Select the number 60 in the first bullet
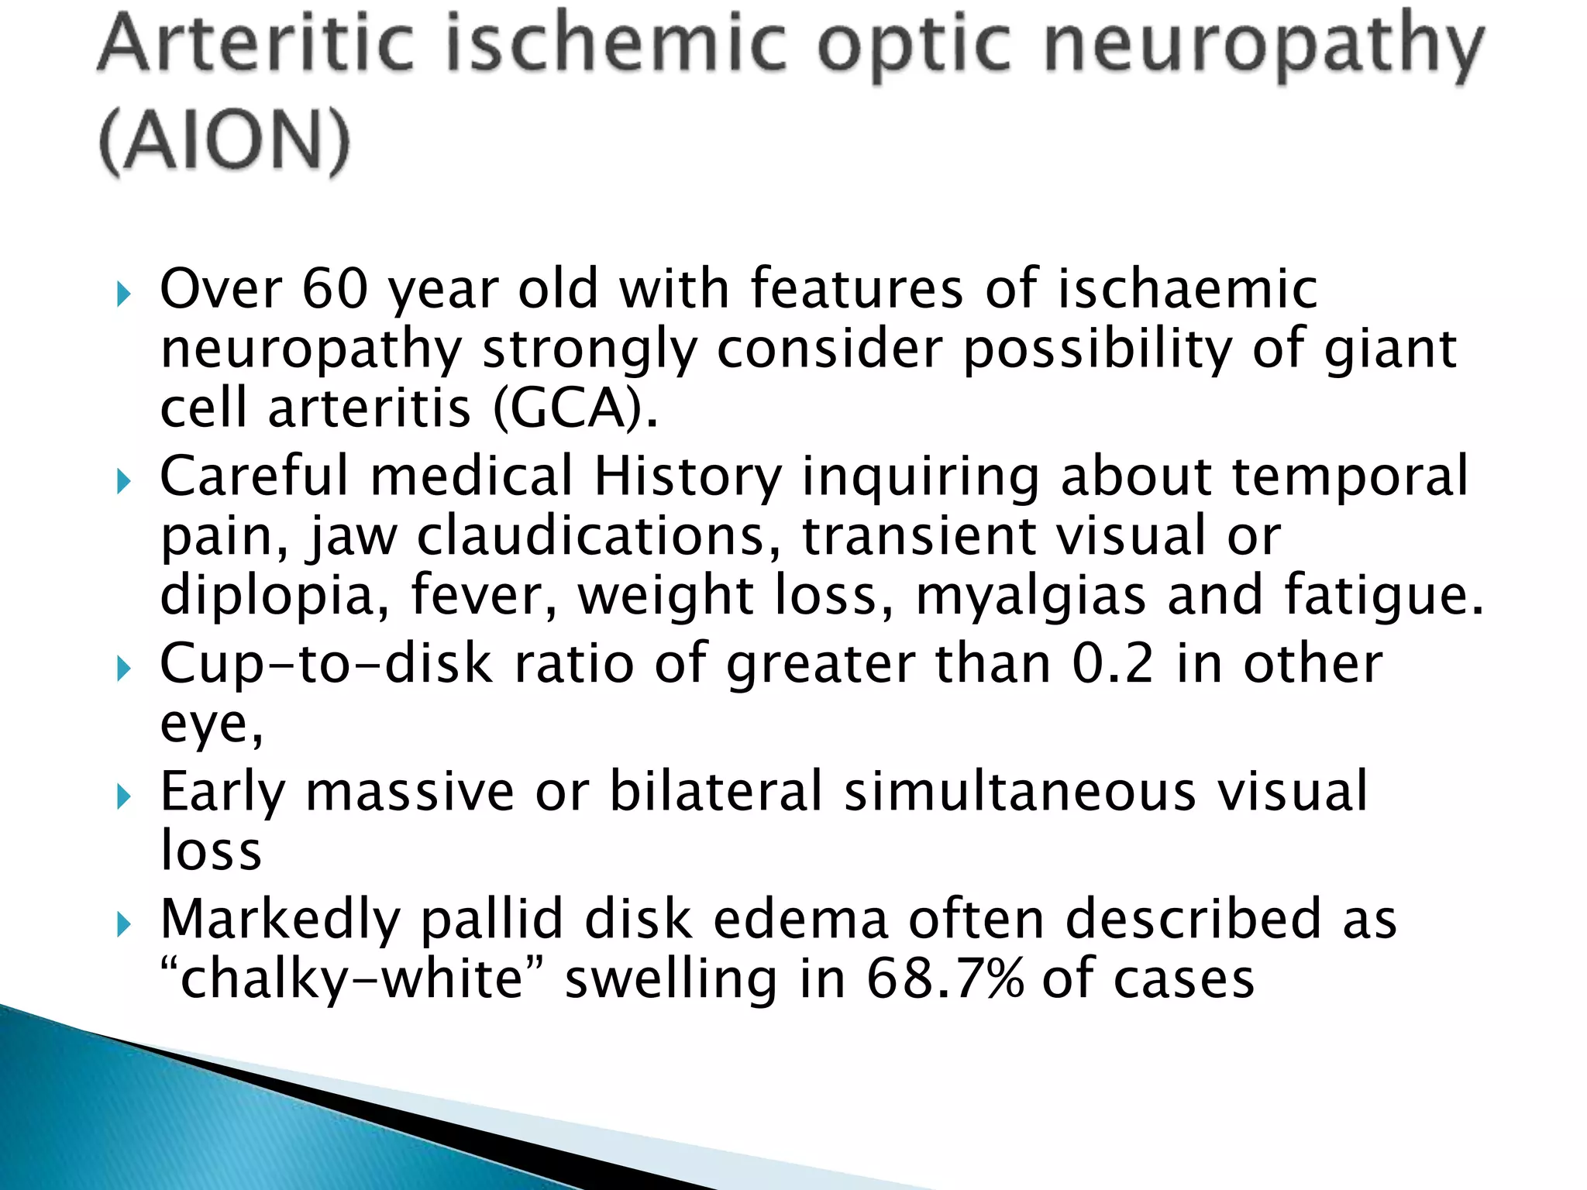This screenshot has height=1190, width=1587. tap(335, 288)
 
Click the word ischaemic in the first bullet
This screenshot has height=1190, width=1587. tap(1187, 288)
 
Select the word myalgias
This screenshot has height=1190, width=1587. tap(1031, 597)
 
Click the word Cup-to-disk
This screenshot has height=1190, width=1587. tap(326, 665)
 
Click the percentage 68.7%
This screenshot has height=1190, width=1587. tap(945, 978)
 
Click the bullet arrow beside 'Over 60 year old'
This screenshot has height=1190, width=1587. tap(124, 294)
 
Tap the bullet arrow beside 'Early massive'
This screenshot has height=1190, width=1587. tap(124, 796)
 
